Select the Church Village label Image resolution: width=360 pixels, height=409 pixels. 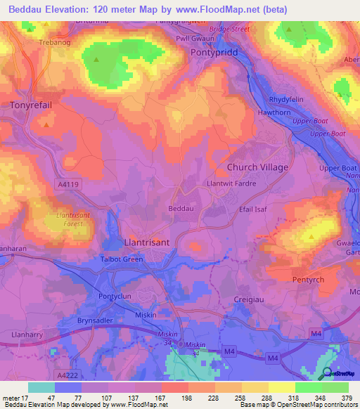coord(257,167)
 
